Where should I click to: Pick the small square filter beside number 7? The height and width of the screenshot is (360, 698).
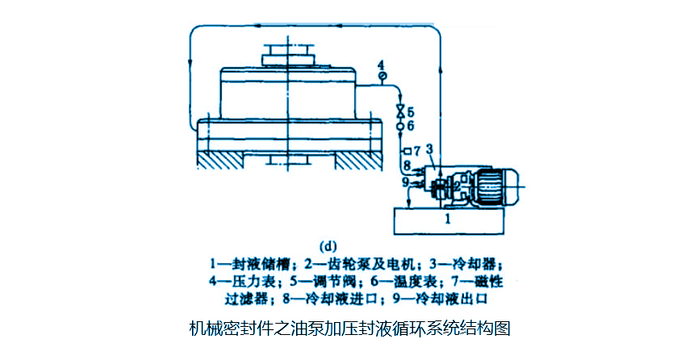(406, 151)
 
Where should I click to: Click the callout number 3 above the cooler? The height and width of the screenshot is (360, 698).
(429, 149)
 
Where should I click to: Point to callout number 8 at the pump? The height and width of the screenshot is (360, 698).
(408, 165)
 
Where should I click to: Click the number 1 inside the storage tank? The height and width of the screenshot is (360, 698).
(449, 217)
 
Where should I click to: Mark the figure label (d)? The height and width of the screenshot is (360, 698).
(330, 245)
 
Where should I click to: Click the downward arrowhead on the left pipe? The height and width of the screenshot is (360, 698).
(190, 64)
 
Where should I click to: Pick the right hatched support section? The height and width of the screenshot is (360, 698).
(356, 160)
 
